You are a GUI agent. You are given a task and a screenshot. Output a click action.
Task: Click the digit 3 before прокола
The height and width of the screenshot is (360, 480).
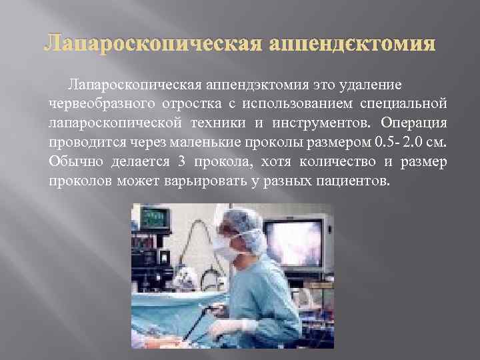(181, 162)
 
